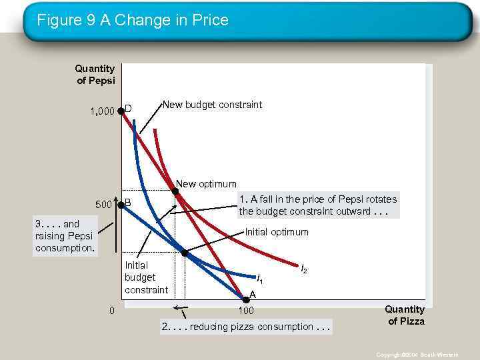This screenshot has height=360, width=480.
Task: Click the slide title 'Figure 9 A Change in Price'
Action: click(132, 20)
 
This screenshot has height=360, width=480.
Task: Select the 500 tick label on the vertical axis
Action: click(105, 204)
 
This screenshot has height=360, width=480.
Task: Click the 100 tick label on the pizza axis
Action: click(246, 311)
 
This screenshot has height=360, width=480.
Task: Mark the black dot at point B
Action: click(121, 205)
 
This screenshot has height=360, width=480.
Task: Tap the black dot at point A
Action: click(245, 299)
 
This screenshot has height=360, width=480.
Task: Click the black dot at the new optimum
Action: click(175, 192)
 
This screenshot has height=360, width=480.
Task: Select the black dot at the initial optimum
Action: click(185, 253)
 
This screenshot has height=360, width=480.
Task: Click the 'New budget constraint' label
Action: click(213, 105)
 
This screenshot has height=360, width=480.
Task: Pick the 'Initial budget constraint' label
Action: click(146, 277)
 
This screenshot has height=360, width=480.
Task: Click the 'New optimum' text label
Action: click(206, 184)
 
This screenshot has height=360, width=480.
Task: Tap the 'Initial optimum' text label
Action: click(277, 232)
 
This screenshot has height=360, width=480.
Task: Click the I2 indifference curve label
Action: click(304, 269)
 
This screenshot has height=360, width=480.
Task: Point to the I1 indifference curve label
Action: click(260, 279)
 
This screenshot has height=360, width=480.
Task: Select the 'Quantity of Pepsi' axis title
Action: click(95, 74)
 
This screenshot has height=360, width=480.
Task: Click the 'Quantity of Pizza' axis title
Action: click(404, 315)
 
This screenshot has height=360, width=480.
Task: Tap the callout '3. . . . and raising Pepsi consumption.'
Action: click(65, 236)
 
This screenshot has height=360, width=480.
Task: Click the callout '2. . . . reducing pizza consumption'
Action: click(246, 327)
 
